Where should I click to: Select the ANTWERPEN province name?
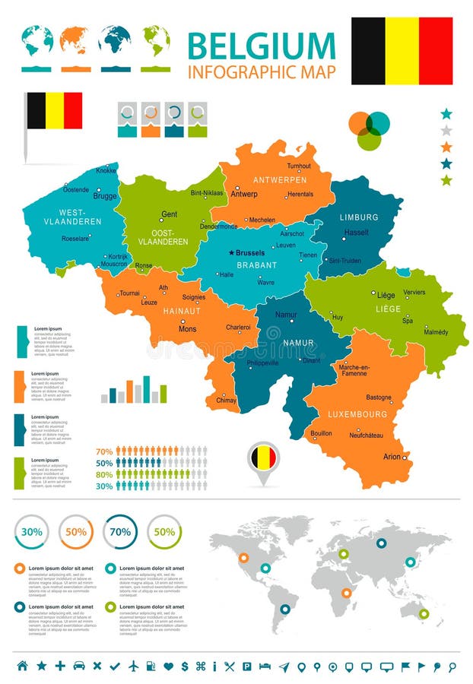coord(280,180)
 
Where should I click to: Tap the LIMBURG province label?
coord(359,217)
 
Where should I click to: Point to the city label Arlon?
coord(392,457)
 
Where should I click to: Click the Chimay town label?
coord(227,400)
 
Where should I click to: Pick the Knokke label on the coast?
coord(106,171)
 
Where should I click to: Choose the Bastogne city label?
coord(379,397)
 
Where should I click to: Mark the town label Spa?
coord(408,321)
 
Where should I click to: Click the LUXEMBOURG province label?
coord(357,415)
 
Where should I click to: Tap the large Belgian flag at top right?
coord(402,51)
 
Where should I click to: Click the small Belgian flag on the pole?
coord(55,111)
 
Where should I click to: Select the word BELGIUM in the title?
coord(261,46)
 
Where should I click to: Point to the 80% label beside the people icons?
coord(104,474)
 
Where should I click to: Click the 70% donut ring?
coord(120,532)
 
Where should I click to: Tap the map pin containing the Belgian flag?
coord(263,458)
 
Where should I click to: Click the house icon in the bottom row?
coord(22,666)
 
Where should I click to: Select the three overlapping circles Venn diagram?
coord(369,130)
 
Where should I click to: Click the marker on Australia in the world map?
coord(424,613)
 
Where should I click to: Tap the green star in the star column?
coord(446,180)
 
